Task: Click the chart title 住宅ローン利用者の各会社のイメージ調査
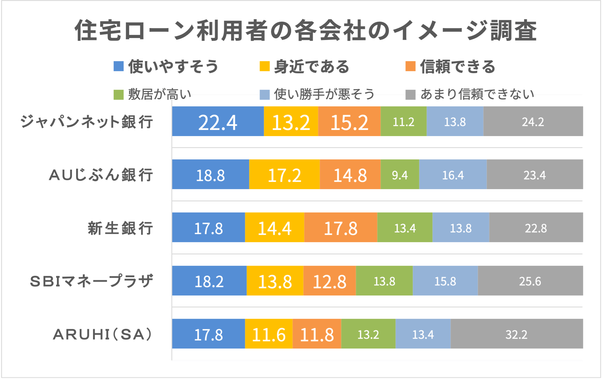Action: pos(305,31)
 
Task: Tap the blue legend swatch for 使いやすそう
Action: pos(119,66)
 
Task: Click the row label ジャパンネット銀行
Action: pos(87,122)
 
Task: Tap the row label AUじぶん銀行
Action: pos(101,175)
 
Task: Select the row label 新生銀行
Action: pos(120,228)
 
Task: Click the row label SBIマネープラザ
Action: pos(92,281)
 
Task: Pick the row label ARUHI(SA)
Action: pos(103,334)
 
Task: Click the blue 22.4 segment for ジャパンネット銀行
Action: pos(218,121)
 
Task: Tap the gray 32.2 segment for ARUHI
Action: pos(516,334)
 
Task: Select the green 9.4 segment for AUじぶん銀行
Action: pos(400,174)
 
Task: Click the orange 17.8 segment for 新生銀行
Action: pos(341,227)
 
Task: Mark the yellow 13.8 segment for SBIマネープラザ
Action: pos(275,281)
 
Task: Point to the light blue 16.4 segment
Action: pos(453,174)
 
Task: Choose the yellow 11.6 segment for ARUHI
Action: pos(268,334)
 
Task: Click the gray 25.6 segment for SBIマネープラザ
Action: pos(530,281)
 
